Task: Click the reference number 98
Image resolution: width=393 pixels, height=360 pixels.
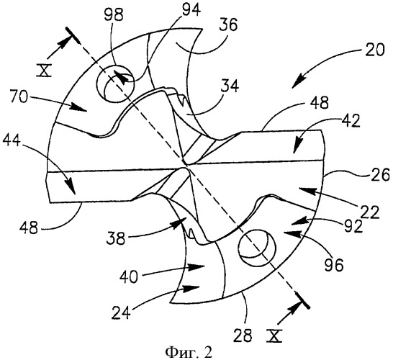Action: pos(114,16)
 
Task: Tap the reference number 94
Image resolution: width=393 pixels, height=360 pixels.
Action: pos(191,10)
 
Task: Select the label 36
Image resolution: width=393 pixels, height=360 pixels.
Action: pos(228,24)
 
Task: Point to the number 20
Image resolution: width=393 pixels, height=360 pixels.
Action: pos(374,50)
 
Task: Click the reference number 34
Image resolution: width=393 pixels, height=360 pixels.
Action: pos(230,86)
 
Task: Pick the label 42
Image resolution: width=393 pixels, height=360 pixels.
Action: pos(351,122)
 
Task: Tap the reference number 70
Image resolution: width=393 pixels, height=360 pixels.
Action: pos(18,97)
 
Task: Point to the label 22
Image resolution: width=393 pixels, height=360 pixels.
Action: pos(370,213)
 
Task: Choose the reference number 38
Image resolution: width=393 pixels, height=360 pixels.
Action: pos(116,238)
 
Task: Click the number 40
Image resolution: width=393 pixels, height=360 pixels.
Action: pos(129,277)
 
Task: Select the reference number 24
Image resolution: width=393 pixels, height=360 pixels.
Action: pos(121,312)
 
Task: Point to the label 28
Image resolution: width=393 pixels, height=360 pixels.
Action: pos(243,336)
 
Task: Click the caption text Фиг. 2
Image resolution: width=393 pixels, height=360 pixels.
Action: pos(189,353)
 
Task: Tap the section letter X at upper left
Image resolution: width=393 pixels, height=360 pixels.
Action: pos(44,70)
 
